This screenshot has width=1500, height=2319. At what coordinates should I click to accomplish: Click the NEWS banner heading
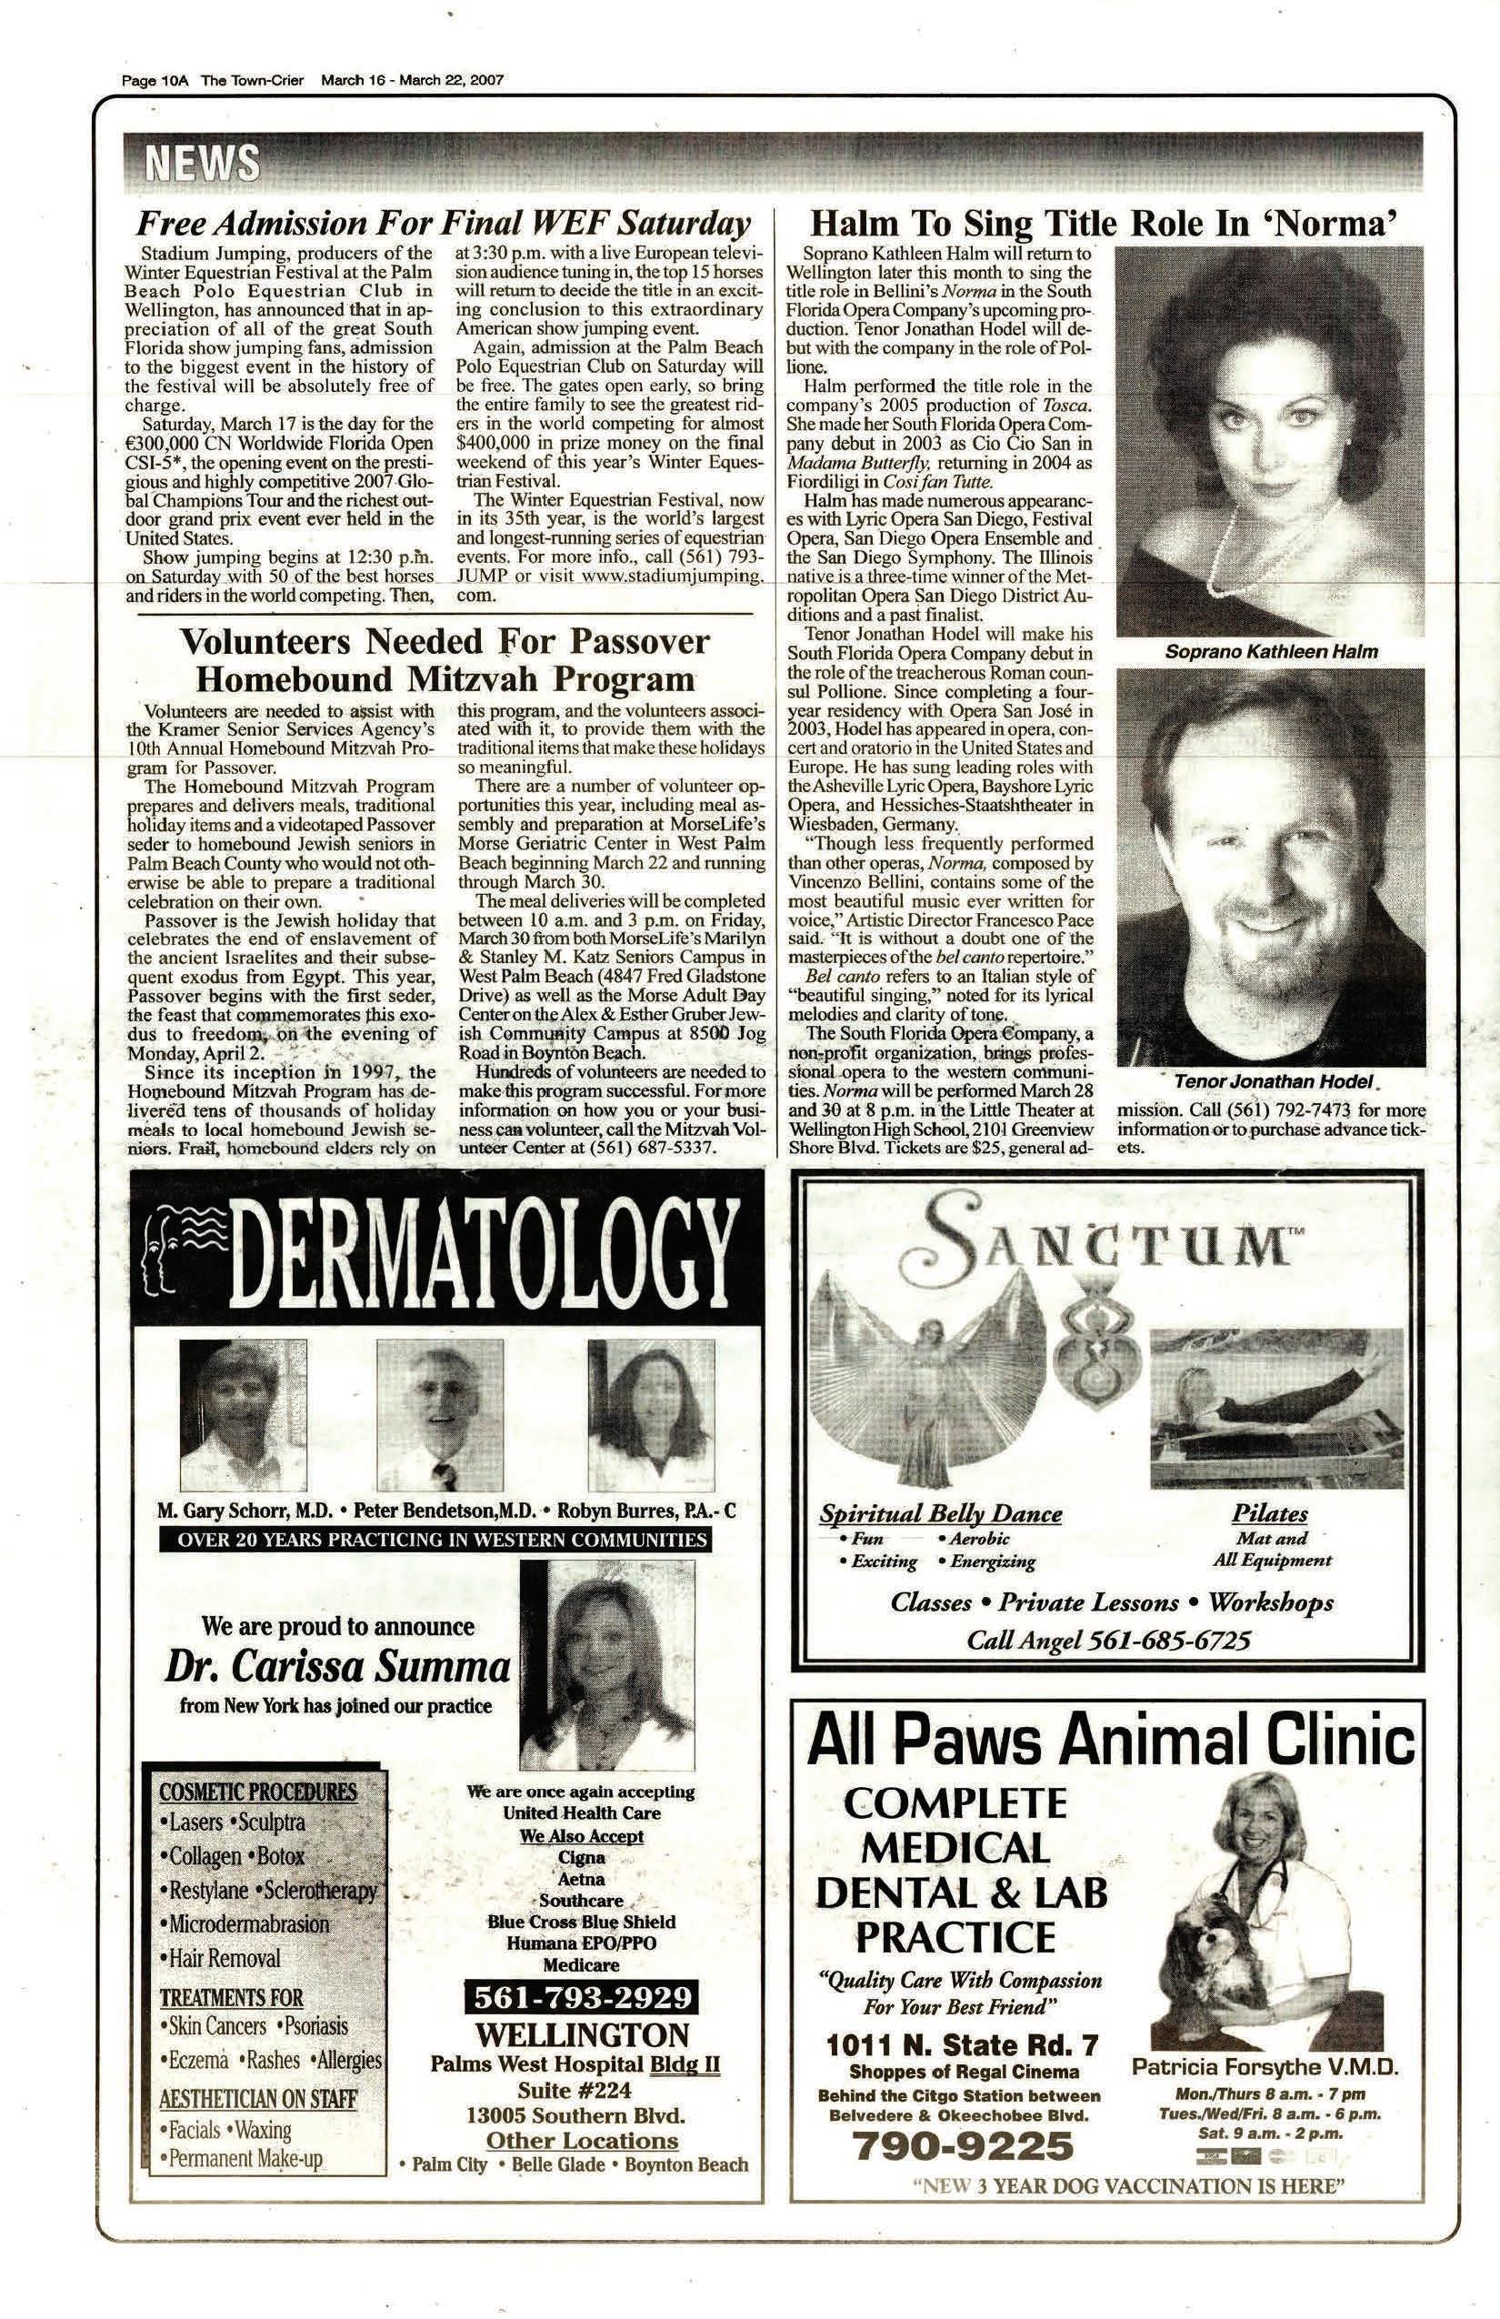(203, 163)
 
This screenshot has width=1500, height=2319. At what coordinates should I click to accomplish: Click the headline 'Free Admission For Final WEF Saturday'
(444, 224)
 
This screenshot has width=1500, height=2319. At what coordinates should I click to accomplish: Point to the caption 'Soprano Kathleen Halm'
(1270, 652)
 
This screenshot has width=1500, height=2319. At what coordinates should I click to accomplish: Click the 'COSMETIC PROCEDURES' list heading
(258, 1792)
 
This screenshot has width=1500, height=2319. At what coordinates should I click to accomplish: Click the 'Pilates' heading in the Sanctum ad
(1269, 1513)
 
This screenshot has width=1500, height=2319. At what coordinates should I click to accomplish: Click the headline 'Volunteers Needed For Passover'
(445, 642)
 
